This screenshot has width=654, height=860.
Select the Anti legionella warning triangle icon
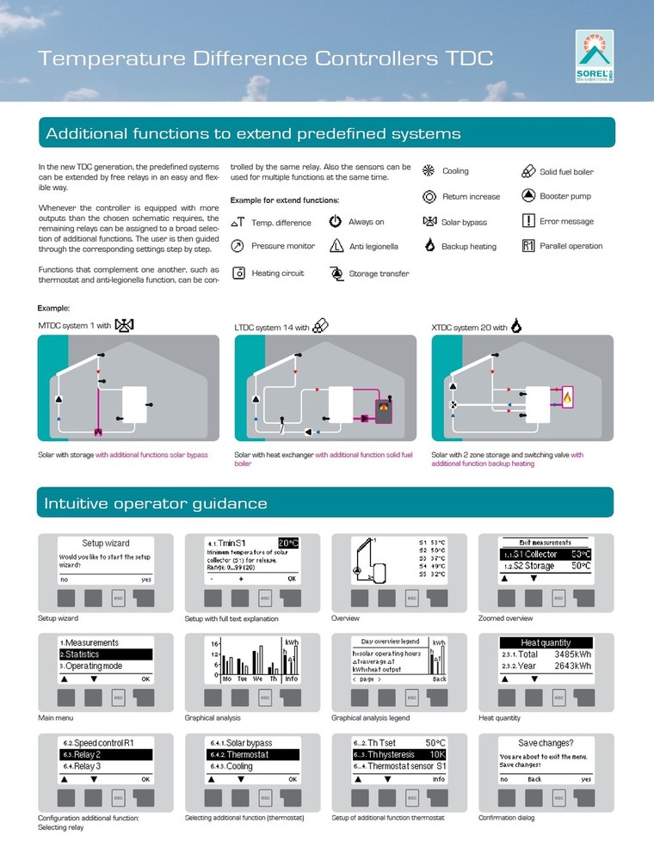pos(336,246)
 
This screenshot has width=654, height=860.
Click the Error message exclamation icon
pos(529,221)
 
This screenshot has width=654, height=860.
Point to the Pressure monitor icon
pos(238,246)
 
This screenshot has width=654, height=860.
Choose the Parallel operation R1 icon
pos(529,246)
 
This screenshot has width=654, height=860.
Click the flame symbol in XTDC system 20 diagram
pos(569,397)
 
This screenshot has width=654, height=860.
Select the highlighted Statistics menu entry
pos(105,654)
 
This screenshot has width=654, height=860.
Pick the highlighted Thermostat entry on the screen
pos(251,754)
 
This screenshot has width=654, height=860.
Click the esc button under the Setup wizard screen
pos(120,597)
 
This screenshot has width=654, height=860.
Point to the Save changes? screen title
pos(546,743)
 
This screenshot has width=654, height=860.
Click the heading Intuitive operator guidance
pos(156,503)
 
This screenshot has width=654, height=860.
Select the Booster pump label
pos(565,196)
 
